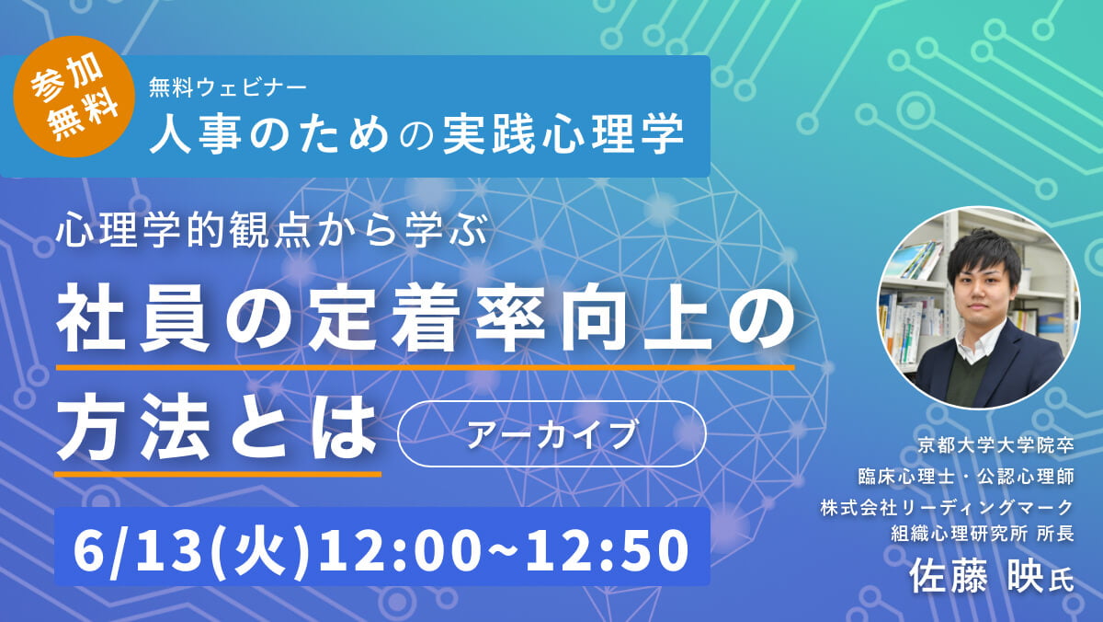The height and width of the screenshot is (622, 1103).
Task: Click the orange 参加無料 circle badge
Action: (x=74, y=97)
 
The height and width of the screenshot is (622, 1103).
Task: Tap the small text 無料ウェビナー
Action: (x=228, y=88)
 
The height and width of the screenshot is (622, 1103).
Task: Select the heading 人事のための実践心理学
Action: (x=416, y=133)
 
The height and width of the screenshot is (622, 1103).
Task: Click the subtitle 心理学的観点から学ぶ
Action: (x=272, y=230)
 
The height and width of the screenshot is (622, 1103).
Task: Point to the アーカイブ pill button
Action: (x=551, y=433)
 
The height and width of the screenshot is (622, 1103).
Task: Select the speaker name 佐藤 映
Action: (x=975, y=577)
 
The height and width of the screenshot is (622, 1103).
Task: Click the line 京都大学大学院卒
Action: (x=995, y=446)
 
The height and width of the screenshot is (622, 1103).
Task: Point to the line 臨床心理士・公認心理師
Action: (x=966, y=477)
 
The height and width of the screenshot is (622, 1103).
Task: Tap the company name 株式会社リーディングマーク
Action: (x=947, y=508)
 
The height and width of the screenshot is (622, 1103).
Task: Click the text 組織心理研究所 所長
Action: (x=983, y=534)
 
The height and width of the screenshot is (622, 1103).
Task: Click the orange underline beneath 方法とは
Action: (x=218, y=474)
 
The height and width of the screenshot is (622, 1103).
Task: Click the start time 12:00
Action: (x=400, y=549)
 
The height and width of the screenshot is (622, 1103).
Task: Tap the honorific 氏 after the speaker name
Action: (x=1061, y=581)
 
